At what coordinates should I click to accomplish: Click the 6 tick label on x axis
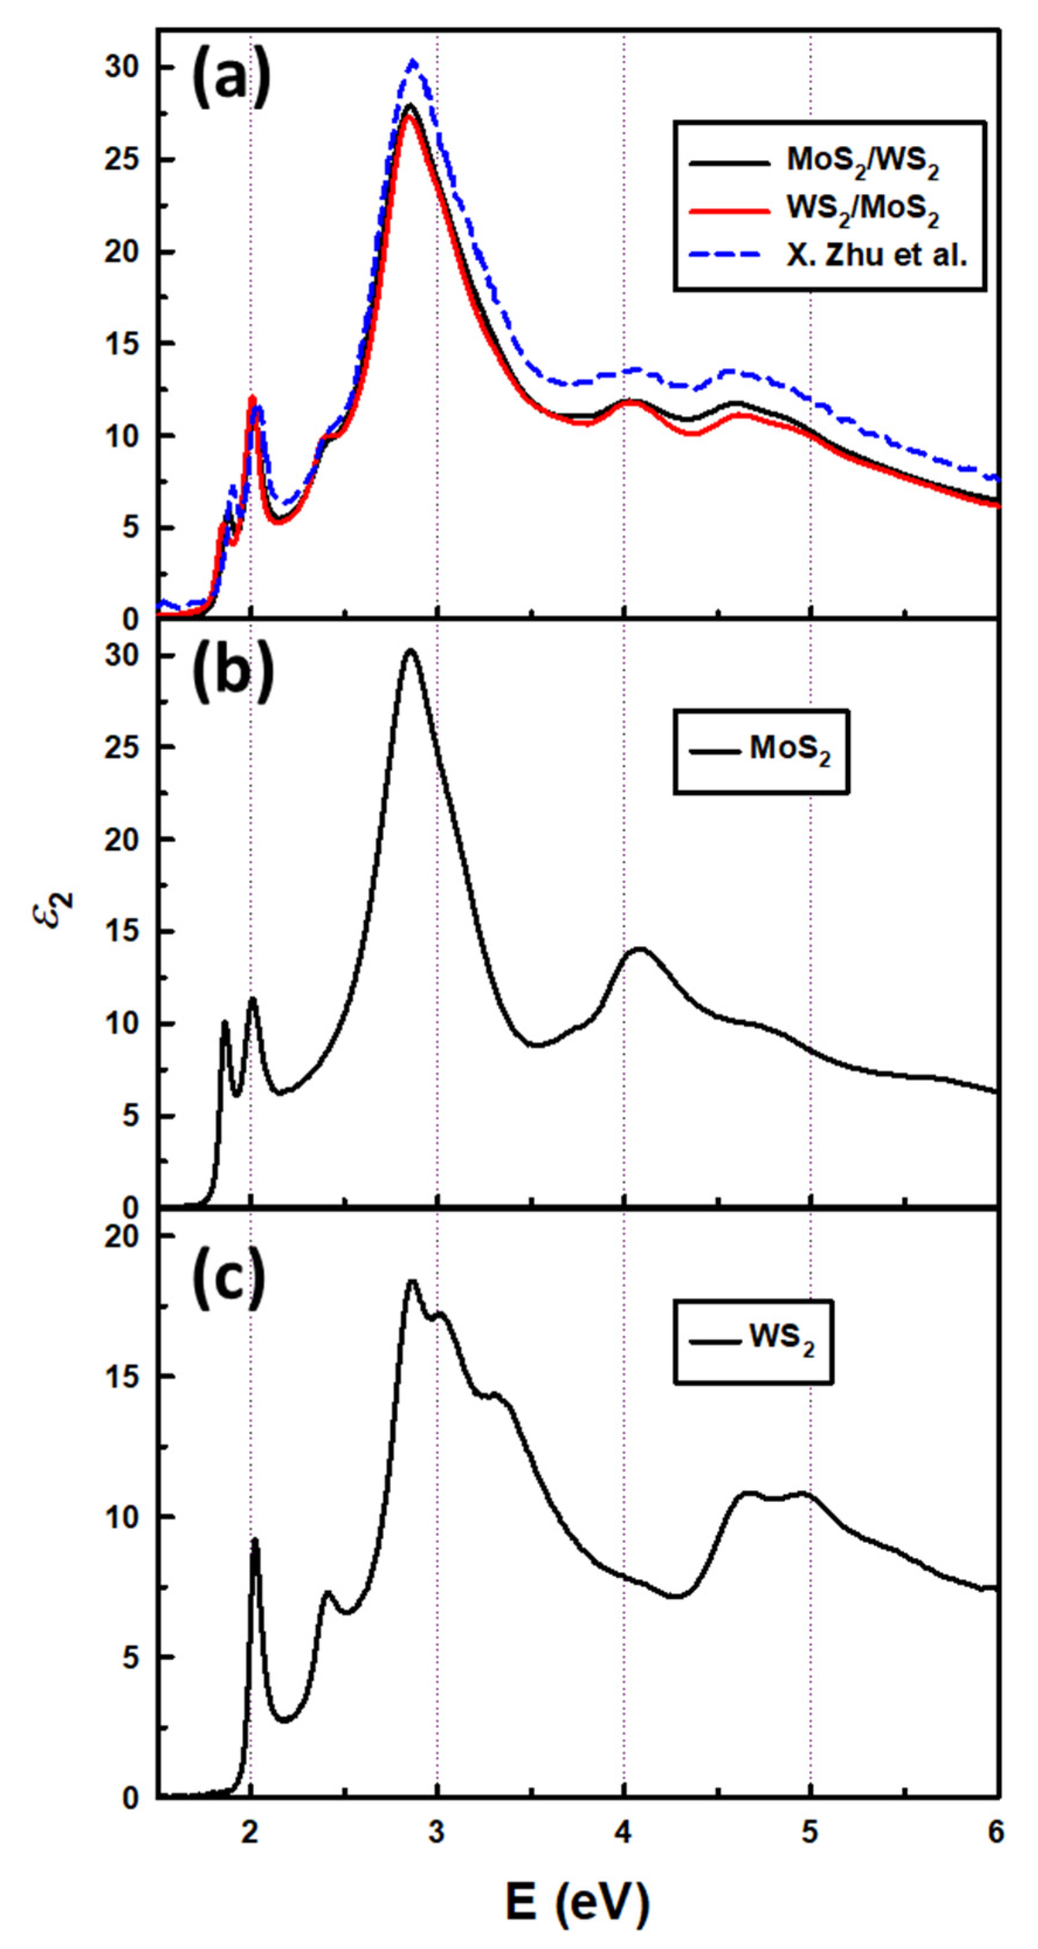click(996, 1834)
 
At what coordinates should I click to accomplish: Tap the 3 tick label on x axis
click(437, 1834)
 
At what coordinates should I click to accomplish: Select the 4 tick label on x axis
click(624, 1834)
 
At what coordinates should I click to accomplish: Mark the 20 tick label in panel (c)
click(121, 1236)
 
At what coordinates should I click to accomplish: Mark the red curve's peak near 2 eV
click(252, 398)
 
